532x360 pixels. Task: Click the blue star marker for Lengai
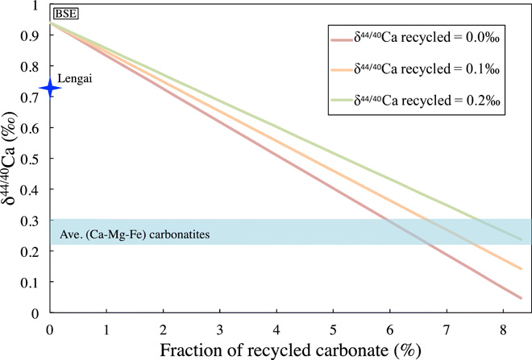click(x=49, y=88)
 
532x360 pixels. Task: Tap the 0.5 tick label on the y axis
click(x=35, y=159)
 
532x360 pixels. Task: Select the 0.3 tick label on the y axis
click(x=35, y=221)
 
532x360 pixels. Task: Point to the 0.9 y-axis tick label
click(x=35, y=36)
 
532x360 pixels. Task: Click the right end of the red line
click(x=522, y=298)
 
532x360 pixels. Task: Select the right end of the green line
click(x=522, y=239)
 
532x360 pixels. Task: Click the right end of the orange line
click(x=522, y=269)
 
